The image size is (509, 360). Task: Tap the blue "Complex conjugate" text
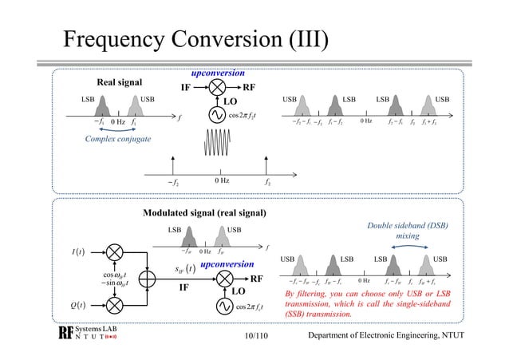click(117, 139)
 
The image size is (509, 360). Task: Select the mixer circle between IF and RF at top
click(215, 88)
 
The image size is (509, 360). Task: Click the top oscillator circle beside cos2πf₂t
click(215, 116)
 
